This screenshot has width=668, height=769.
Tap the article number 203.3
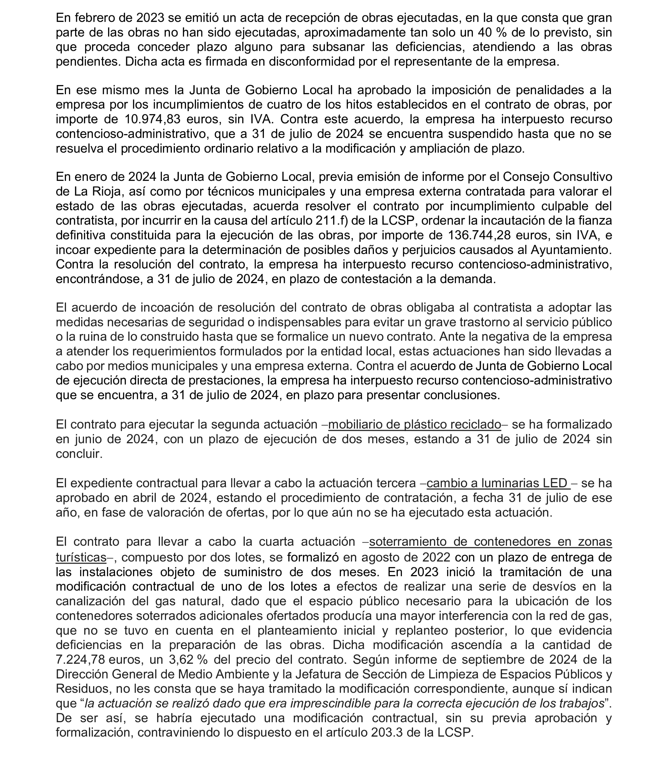pyautogui.click(x=388, y=733)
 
